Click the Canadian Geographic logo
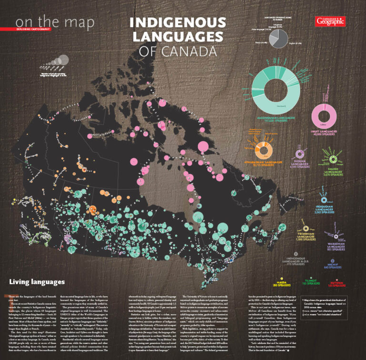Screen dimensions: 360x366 point(330,21)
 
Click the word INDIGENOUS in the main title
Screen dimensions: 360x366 point(178,23)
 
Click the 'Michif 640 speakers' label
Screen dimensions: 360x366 point(333,266)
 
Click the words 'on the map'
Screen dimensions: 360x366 point(54,22)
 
